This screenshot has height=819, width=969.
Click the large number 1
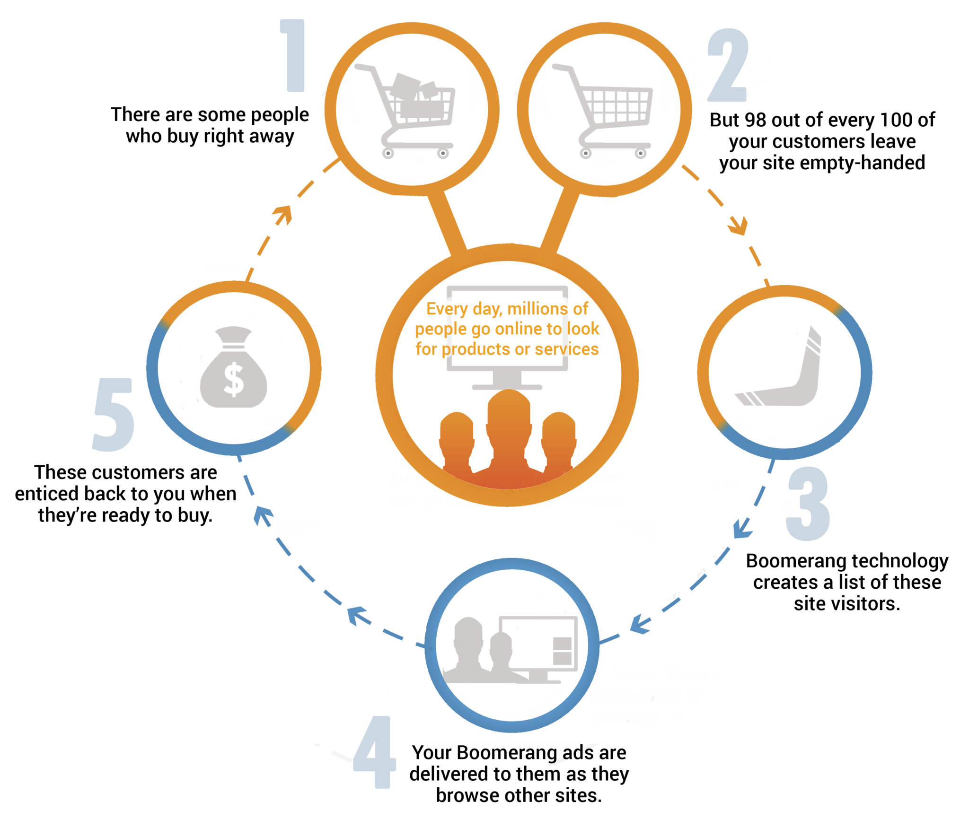[x=293, y=56]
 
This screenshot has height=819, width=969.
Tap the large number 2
[x=728, y=66]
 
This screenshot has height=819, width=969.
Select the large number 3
[x=808, y=504]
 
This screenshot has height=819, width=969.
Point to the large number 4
[x=375, y=752]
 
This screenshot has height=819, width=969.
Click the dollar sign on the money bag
[x=233, y=381]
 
